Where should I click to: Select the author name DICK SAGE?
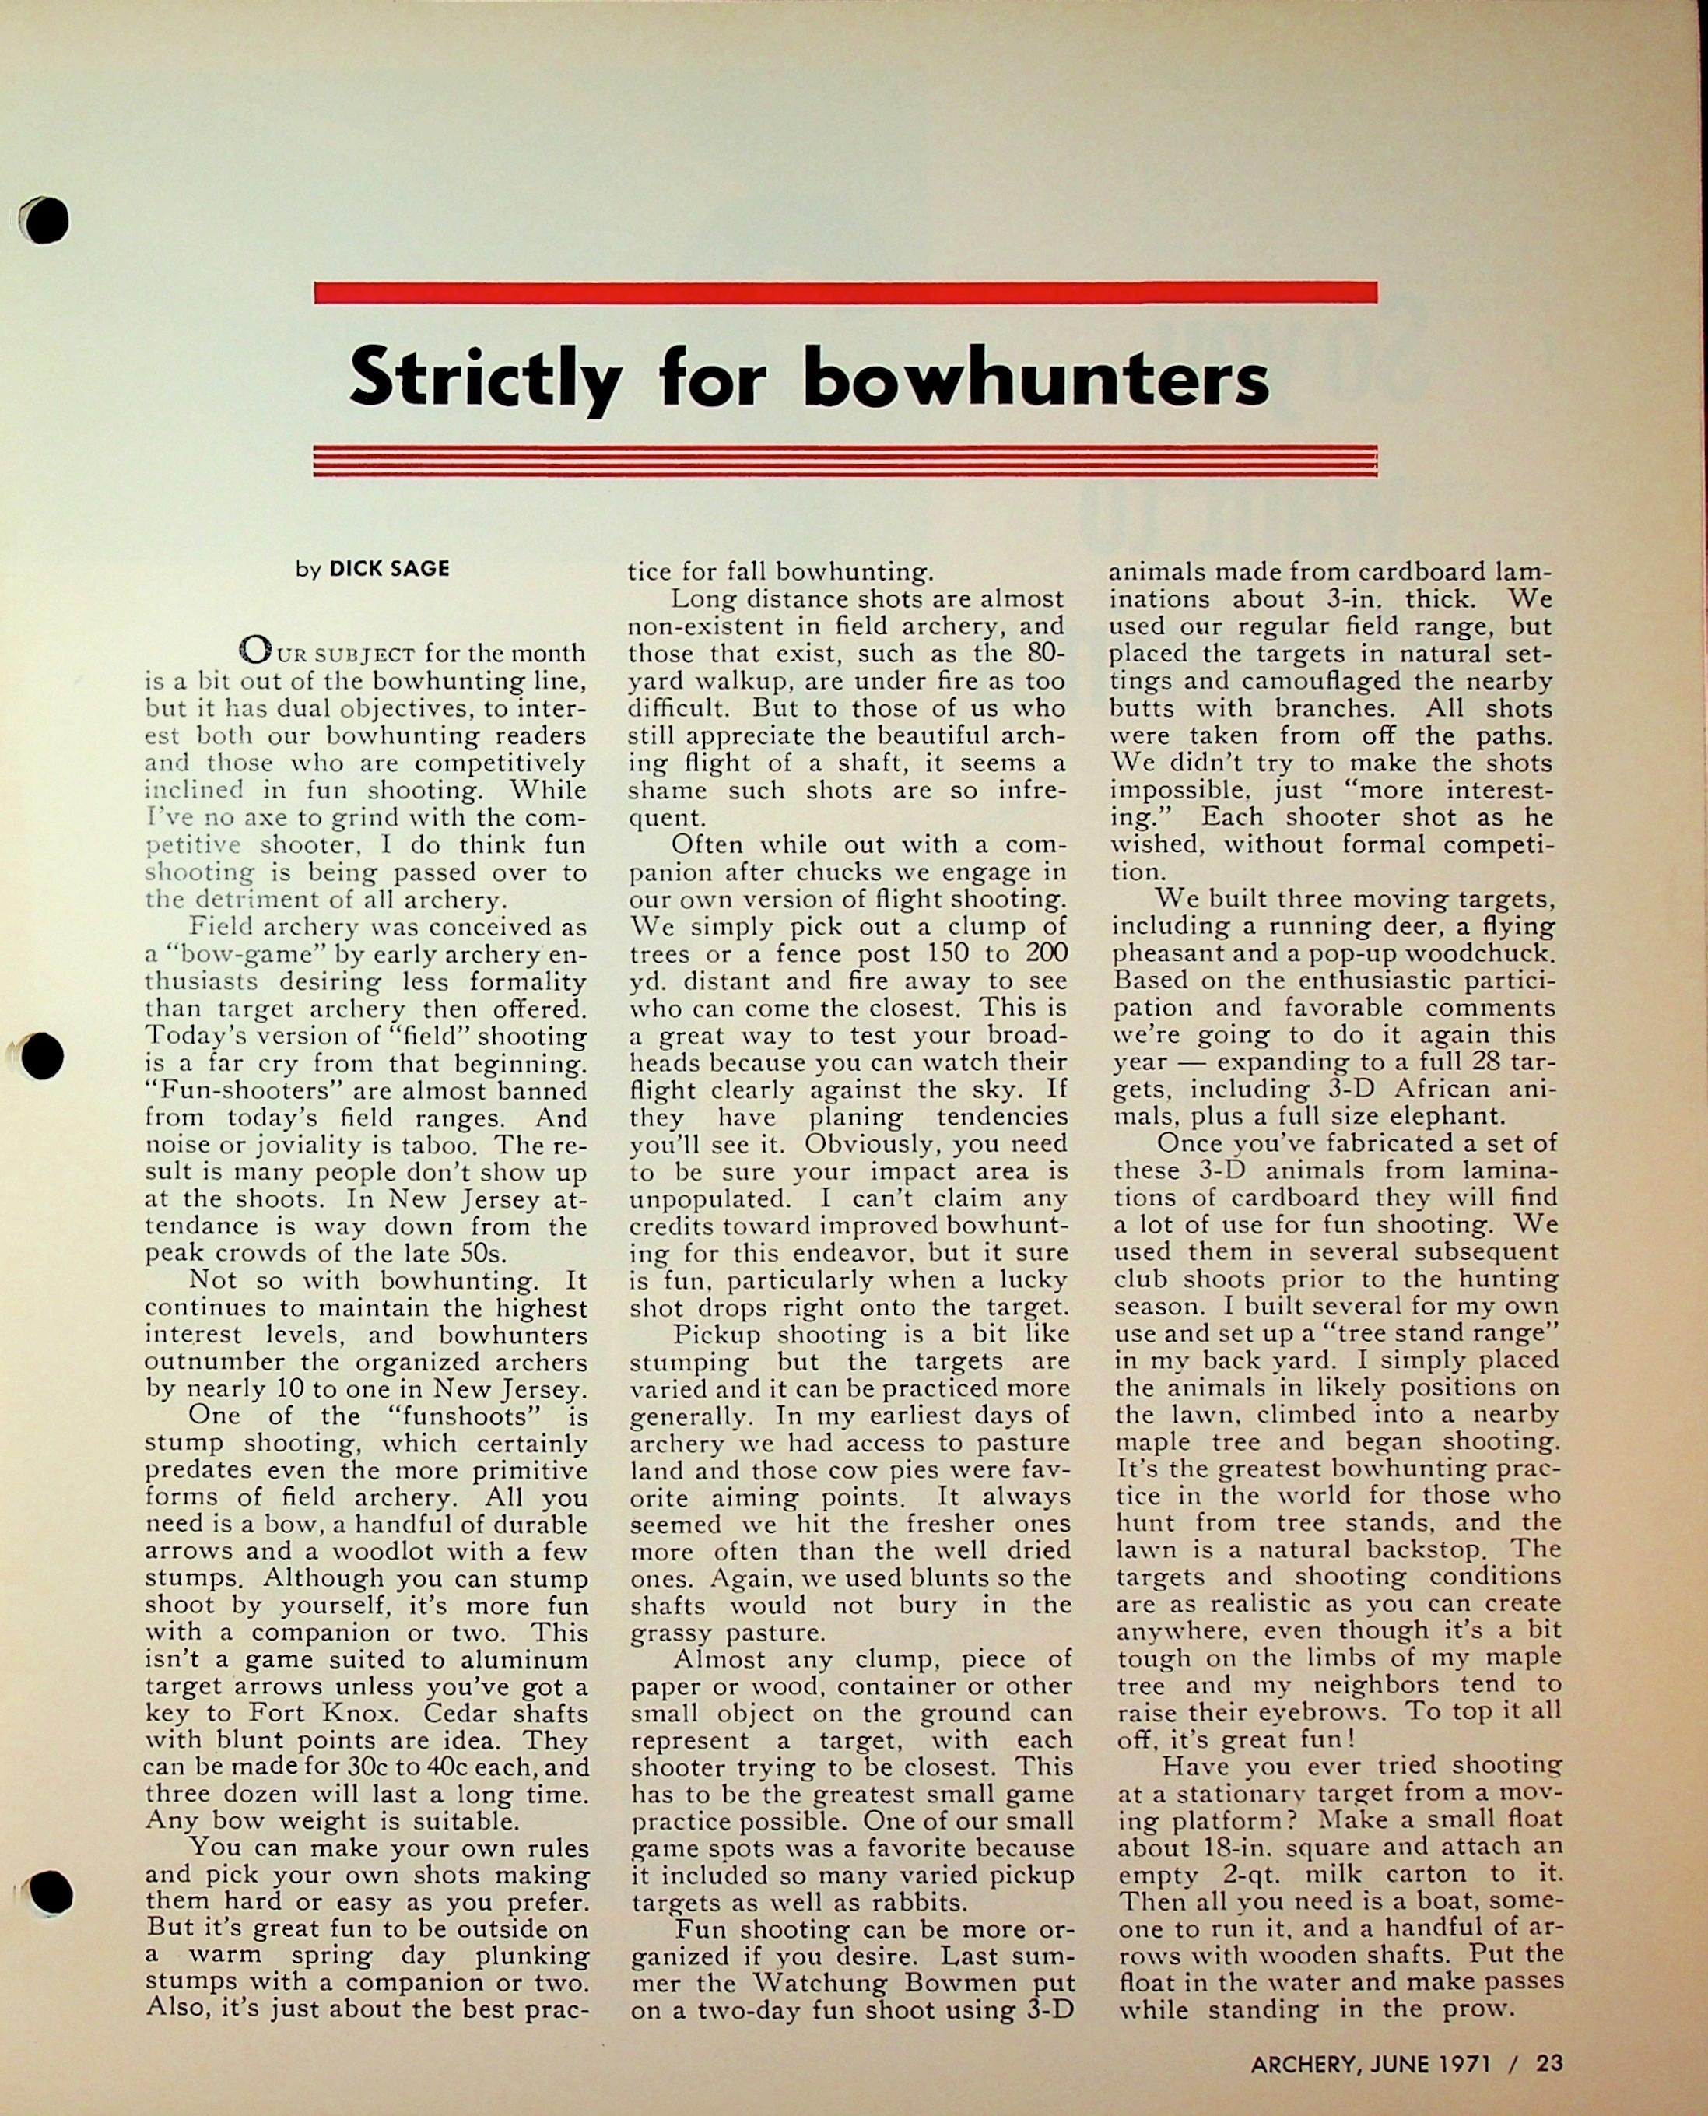point(390,569)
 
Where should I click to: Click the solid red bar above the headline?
point(845,292)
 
